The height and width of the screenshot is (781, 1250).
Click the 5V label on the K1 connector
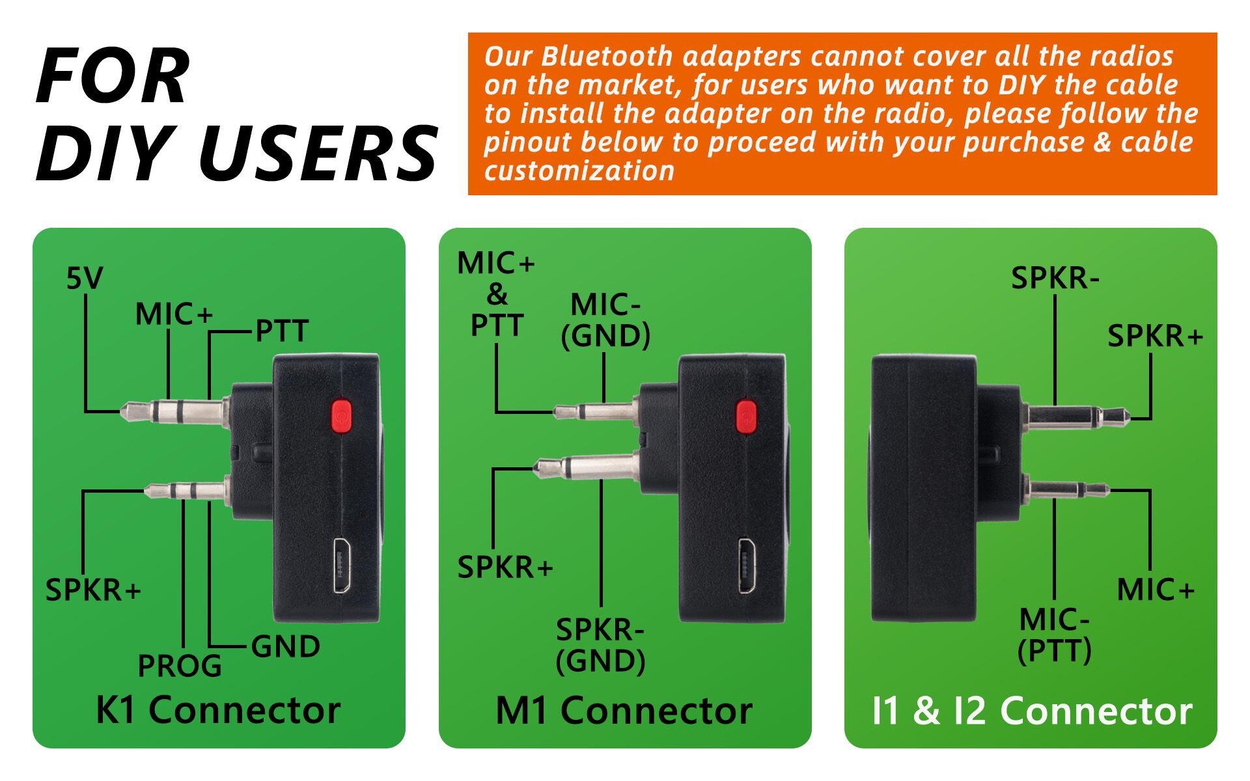(x=85, y=279)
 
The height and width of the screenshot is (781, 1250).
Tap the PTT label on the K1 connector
(x=281, y=331)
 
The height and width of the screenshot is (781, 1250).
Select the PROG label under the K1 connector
(x=180, y=666)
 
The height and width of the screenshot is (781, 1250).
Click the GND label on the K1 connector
(x=285, y=646)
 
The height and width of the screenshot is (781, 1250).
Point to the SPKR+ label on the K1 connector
(x=92, y=590)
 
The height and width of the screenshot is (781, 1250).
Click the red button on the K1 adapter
(x=341, y=417)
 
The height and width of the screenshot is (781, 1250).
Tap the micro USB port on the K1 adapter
(x=342, y=565)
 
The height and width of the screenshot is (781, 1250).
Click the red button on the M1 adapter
(x=746, y=417)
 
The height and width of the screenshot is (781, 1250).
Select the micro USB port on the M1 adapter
(x=747, y=565)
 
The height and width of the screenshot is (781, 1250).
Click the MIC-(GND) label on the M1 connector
(x=605, y=320)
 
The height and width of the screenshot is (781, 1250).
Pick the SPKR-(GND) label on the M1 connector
(x=600, y=645)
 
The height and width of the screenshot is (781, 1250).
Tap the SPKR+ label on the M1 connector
(x=505, y=568)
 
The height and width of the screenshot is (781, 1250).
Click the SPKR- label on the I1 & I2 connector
(x=1055, y=279)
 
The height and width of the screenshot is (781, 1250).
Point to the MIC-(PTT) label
(x=1054, y=635)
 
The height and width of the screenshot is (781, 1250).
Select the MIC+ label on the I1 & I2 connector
(x=1155, y=590)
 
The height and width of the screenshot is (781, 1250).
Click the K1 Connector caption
(x=218, y=710)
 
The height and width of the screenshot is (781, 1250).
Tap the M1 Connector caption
(x=624, y=710)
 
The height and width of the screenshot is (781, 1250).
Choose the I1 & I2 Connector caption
(x=1032, y=710)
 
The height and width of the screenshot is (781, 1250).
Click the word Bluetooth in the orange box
(x=606, y=57)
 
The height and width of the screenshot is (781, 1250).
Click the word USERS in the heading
(x=318, y=154)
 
